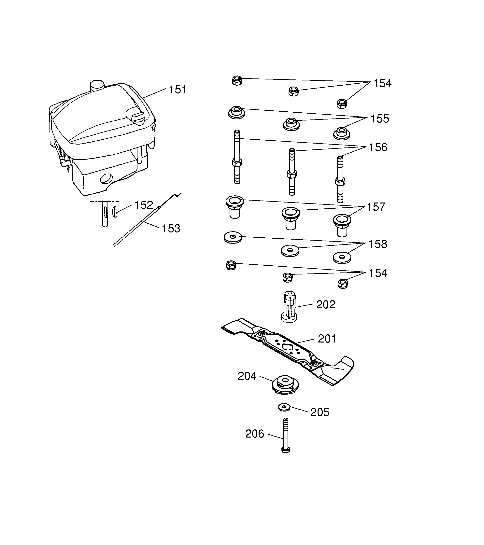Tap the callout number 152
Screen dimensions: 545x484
[x=144, y=205]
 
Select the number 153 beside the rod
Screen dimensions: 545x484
[x=171, y=229]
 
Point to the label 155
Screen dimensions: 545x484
[x=380, y=119]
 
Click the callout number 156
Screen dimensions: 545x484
[x=378, y=147]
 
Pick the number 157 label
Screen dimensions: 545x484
[x=376, y=207]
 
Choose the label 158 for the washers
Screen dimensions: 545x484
[x=378, y=244]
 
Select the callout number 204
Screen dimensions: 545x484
[x=247, y=376]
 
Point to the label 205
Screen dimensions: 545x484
[x=320, y=412]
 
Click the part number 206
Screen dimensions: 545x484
[x=255, y=434]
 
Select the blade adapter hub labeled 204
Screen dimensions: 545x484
[x=285, y=384]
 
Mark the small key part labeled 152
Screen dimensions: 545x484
[x=114, y=212]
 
